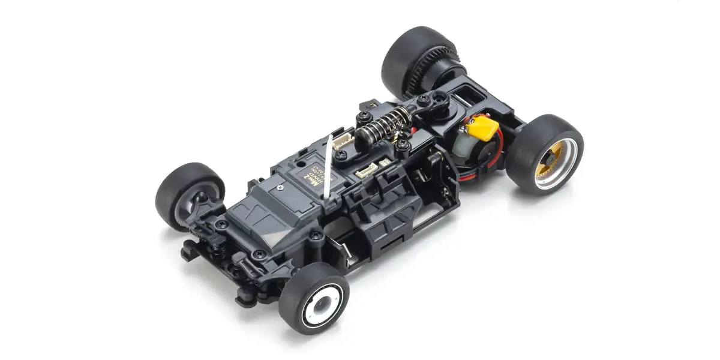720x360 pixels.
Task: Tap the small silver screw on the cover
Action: click(x=280, y=187)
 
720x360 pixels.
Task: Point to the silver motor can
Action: click(x=467, y=146)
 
